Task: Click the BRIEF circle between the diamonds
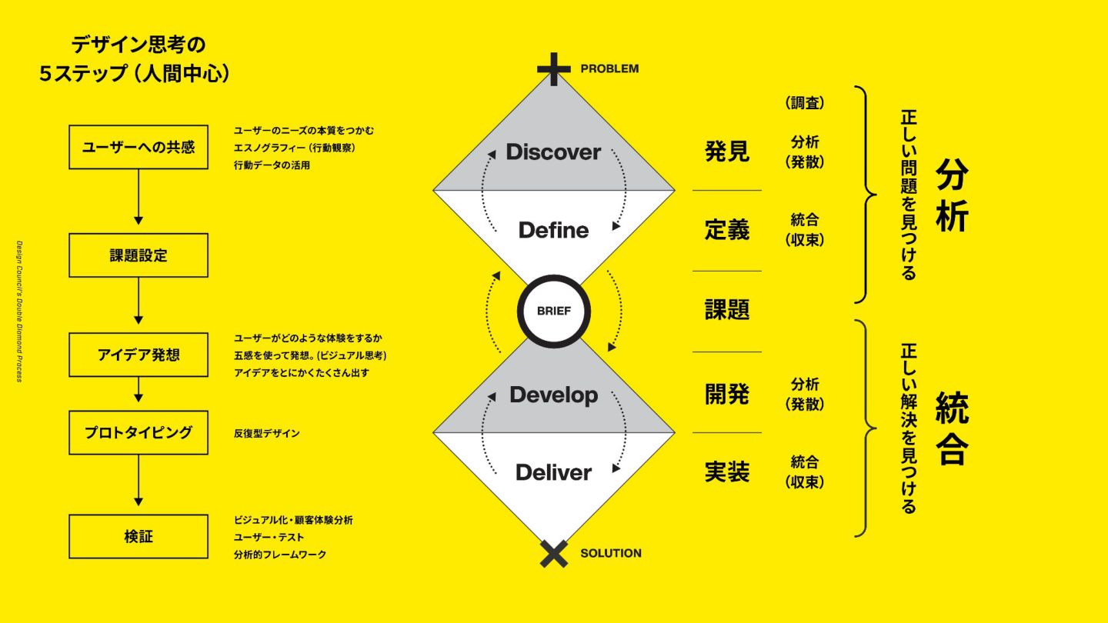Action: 554,311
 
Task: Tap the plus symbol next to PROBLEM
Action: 554,69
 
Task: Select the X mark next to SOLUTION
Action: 554,554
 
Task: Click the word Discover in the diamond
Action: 553,152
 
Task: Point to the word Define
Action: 553,230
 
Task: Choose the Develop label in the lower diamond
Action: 553,395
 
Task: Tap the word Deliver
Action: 553,472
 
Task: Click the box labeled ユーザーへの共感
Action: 138,147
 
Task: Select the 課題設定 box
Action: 138,255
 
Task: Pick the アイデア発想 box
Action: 138,355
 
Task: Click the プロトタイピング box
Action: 138,432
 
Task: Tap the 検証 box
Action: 138,536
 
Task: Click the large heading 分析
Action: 952,196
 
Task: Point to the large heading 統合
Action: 952,429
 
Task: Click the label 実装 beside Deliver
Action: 727,471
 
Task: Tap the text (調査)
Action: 804,103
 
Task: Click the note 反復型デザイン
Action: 267,434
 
